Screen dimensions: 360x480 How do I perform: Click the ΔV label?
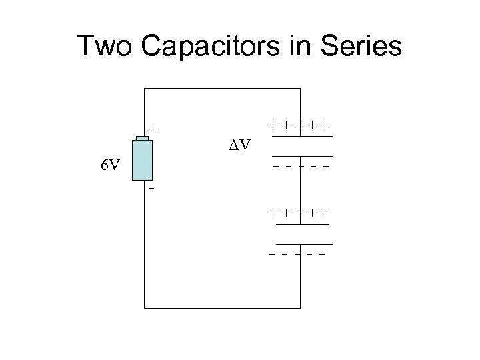click(x=236, y=144)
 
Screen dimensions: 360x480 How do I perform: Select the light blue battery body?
click(x=143, y=161)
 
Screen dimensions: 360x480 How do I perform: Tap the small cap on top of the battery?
click(x=143, y=139)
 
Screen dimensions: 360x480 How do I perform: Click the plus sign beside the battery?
click(x=153, y=127)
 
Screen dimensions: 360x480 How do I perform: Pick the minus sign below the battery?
click(x=152, y=189)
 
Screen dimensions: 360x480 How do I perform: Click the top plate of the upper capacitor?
click(x=301, y=137)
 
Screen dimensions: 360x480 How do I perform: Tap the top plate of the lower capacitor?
click(x=301, y=225)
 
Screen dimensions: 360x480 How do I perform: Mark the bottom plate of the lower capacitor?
click(x=303, y=244)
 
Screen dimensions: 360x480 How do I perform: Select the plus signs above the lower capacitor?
click(x=300, y=213)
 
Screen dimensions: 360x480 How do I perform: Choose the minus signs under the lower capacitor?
click(x=298, y=255)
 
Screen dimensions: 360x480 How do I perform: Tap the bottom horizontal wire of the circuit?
click(x=222, y=308)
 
